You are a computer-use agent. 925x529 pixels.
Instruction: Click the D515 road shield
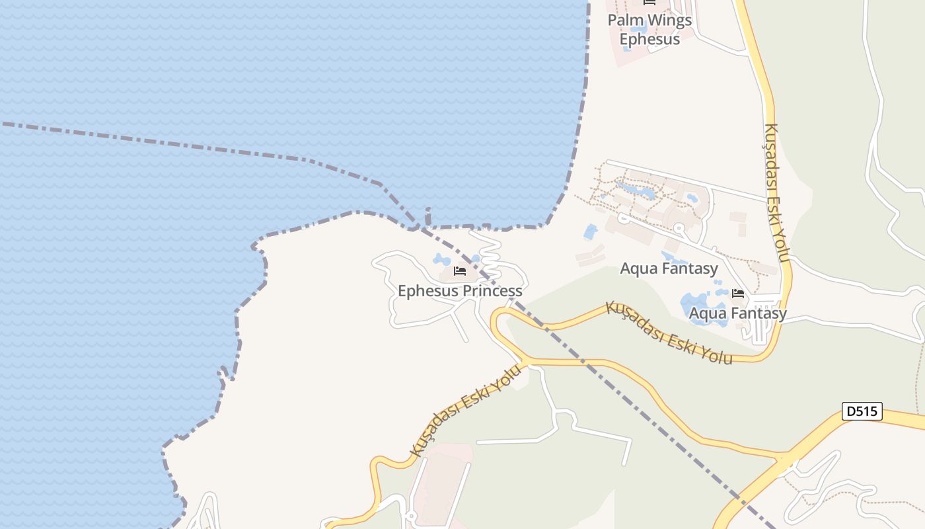[862, 411]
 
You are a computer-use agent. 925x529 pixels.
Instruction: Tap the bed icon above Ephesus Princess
[460, 271]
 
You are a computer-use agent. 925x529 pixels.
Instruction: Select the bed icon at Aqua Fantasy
[738, 294]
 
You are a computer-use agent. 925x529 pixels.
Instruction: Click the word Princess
[492, 291]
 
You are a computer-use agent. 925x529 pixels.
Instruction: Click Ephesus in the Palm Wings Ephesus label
[649, 39]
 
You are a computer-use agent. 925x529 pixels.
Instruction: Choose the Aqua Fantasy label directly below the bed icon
[738, 313]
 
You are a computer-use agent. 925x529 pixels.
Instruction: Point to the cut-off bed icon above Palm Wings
[649, 3]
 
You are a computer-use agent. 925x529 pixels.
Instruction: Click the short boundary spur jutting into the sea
[427, 216]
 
